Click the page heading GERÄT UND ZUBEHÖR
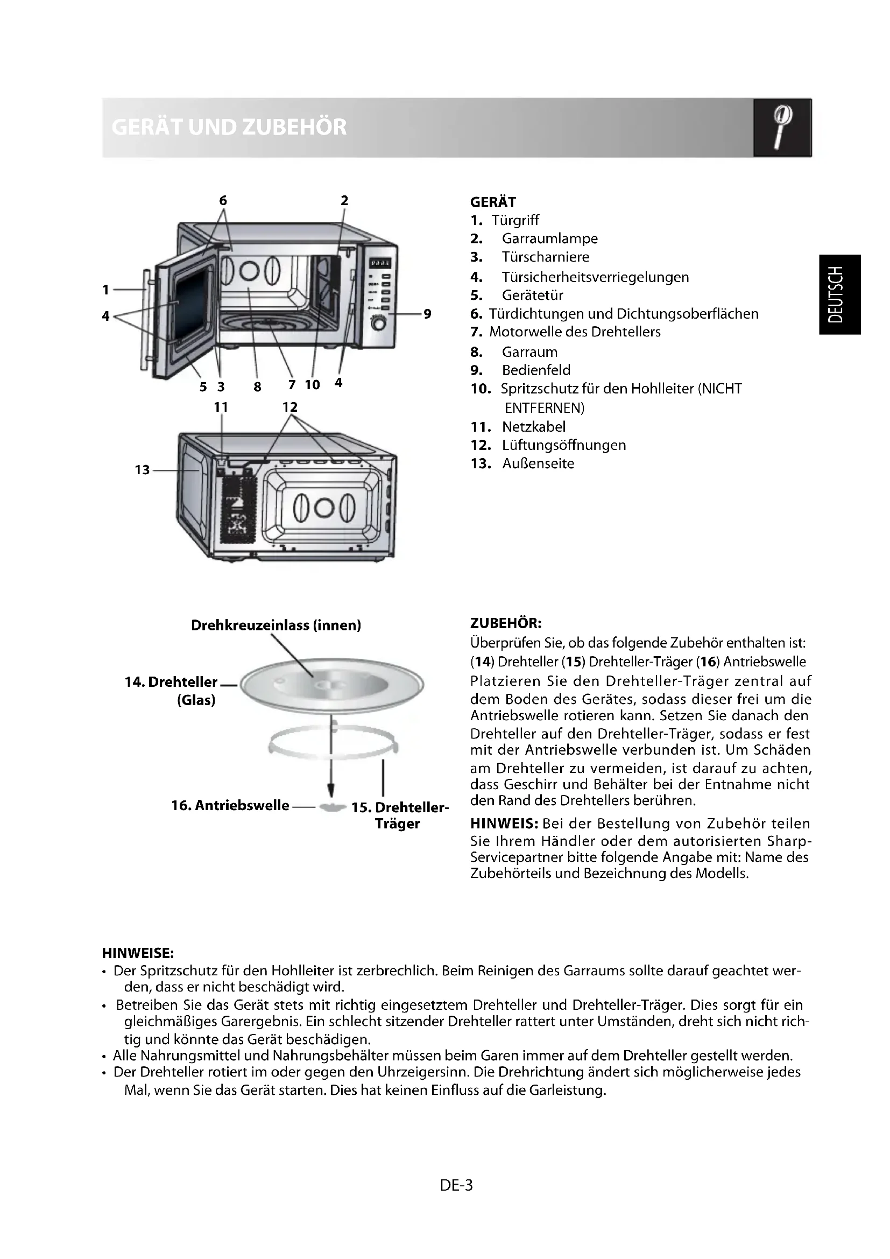(229, 127)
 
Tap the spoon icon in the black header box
(782, 127)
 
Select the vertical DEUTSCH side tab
(839, 294)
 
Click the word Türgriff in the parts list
(515, 221)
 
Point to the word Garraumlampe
(550, 238)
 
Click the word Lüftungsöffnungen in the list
(564, 445)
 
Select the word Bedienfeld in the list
(536, 370)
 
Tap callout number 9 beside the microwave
(427, 314)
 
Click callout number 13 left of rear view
(142, 470)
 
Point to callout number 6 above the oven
(223, 201)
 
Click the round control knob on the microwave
(379, 325)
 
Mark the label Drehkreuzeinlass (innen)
(276, 625)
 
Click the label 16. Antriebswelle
(230, 806)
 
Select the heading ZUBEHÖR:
(506, 623)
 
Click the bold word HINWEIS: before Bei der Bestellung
(504, 824)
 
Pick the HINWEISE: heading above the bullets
(138, 954)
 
